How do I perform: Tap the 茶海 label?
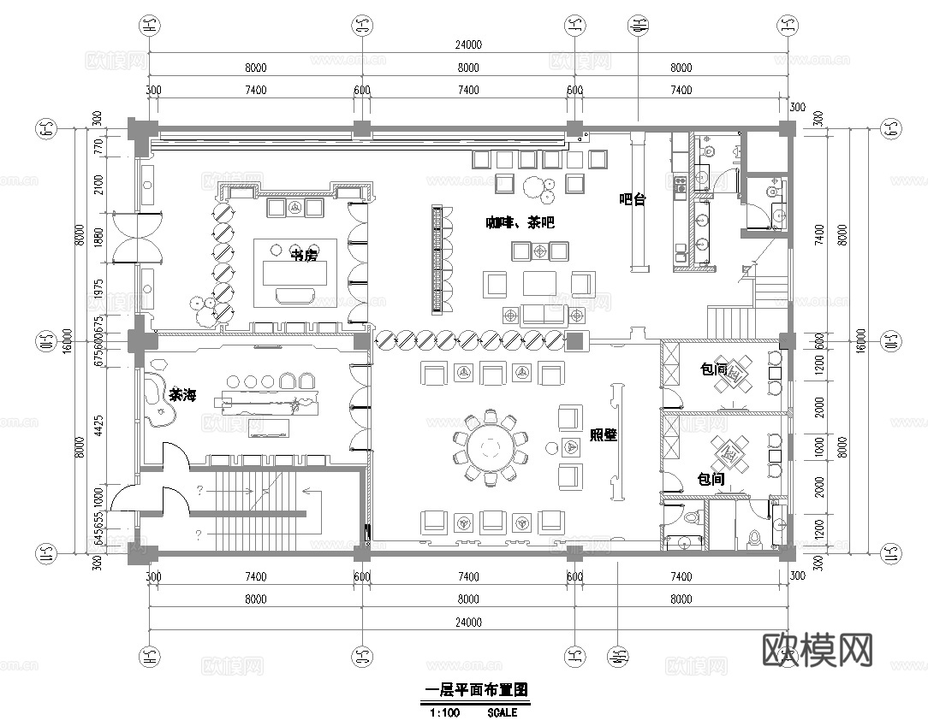tap(182, 395)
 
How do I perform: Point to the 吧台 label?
tap(632, 199)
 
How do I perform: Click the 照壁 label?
tap(604, 434)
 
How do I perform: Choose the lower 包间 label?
tap(711, 479)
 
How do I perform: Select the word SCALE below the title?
tap(503, 711)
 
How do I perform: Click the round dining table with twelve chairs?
tap(491, 447)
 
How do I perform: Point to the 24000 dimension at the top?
tap(468, 45)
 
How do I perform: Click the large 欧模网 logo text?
tap(817, 651)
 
